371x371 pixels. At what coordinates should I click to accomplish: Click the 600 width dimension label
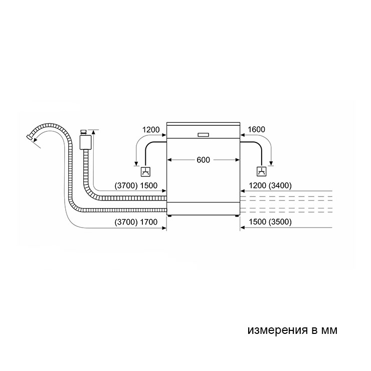click(203, 160)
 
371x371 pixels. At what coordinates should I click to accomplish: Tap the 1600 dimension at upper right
click(256, 129)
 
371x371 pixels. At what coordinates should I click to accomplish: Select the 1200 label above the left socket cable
click(151, 130)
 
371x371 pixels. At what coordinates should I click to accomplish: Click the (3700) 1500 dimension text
click(136, 185)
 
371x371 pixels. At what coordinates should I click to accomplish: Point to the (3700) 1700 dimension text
click(136, 222)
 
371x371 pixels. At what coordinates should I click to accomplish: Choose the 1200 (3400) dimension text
click(270, 185)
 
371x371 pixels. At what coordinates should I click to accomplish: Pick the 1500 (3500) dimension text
click(270, 222)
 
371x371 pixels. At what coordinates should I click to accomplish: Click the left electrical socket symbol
click(145, 171)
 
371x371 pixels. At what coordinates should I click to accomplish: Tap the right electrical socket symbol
click(261, 171)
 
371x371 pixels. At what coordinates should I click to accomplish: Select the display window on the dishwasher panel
click(203, 135)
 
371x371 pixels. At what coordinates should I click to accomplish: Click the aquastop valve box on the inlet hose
click(85, 142)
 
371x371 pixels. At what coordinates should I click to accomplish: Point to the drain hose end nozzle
click(29, 137)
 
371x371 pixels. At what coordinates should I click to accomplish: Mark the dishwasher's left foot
click(169, 216)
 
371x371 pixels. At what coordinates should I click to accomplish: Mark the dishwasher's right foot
click(237, 216)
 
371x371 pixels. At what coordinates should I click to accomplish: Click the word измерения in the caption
click(277, 330)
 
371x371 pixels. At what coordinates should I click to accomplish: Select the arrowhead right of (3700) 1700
click(164, 228)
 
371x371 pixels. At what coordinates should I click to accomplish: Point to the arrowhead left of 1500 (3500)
click(243, 228)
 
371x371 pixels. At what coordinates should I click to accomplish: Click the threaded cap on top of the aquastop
click(84, 131)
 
